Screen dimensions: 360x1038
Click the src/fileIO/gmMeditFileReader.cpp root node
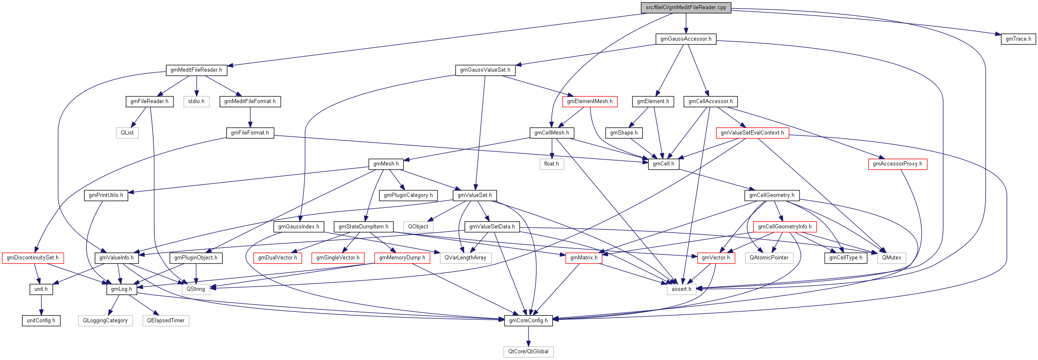686,8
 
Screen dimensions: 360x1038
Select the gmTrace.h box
1018,39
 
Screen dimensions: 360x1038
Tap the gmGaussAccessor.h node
686,39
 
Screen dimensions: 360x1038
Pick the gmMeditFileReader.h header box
196,70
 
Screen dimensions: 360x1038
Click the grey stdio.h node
196,101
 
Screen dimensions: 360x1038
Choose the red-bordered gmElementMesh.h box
589,101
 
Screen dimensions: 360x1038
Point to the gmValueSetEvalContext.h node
752,133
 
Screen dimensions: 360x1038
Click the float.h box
551,164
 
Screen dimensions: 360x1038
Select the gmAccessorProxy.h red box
897,164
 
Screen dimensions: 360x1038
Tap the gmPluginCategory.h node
408,195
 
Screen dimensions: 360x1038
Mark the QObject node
418,227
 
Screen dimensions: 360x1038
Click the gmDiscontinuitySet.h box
33,258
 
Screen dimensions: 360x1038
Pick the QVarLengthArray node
465,258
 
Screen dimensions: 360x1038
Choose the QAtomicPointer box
769,258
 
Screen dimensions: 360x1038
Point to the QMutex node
891,258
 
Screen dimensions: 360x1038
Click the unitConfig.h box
41,321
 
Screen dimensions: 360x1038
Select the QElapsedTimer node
166,321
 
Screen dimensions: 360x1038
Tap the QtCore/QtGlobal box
528,352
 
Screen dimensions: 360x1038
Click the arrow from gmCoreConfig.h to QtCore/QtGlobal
528,336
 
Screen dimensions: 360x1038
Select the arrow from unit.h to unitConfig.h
41,305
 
